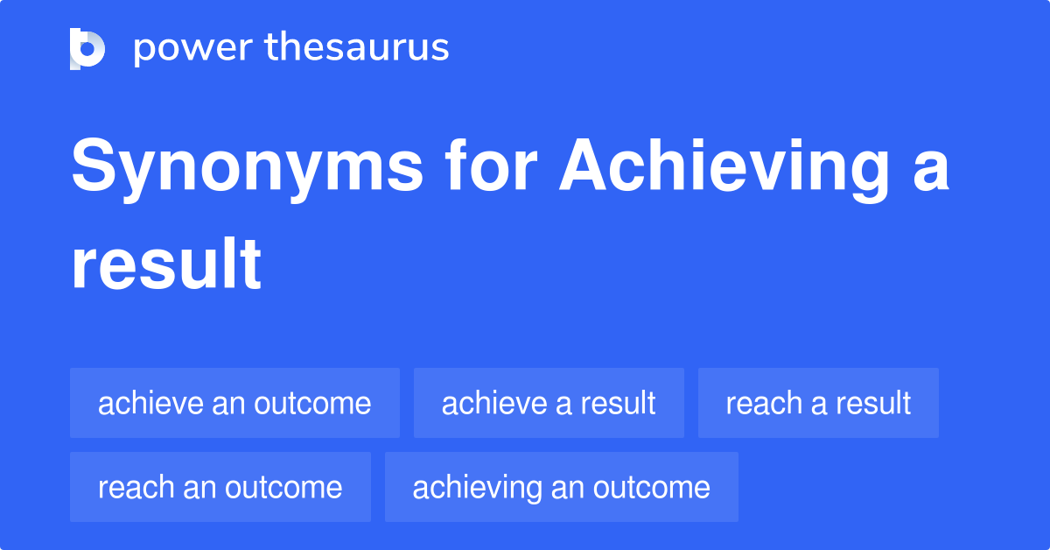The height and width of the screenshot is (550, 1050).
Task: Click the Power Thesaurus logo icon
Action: [x=87, y=48]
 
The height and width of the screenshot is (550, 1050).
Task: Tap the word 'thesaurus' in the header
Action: [x=357, y=48]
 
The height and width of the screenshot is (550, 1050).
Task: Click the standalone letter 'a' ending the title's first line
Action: [x=931, y=171]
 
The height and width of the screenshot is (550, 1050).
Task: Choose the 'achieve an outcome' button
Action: [x=234, y=404]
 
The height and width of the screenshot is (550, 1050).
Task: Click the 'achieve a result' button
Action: [x=549, y=404]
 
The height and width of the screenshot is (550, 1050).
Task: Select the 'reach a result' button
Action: [x=818, y=404]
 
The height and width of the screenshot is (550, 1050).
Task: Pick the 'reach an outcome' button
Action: [x=220, y=487]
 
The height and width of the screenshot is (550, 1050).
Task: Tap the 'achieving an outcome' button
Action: [x=561, y=487]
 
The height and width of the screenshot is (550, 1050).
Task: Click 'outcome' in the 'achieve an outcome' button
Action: [x=313, y=404]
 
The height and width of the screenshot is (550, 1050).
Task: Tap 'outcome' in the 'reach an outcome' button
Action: [x=284, y=487]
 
